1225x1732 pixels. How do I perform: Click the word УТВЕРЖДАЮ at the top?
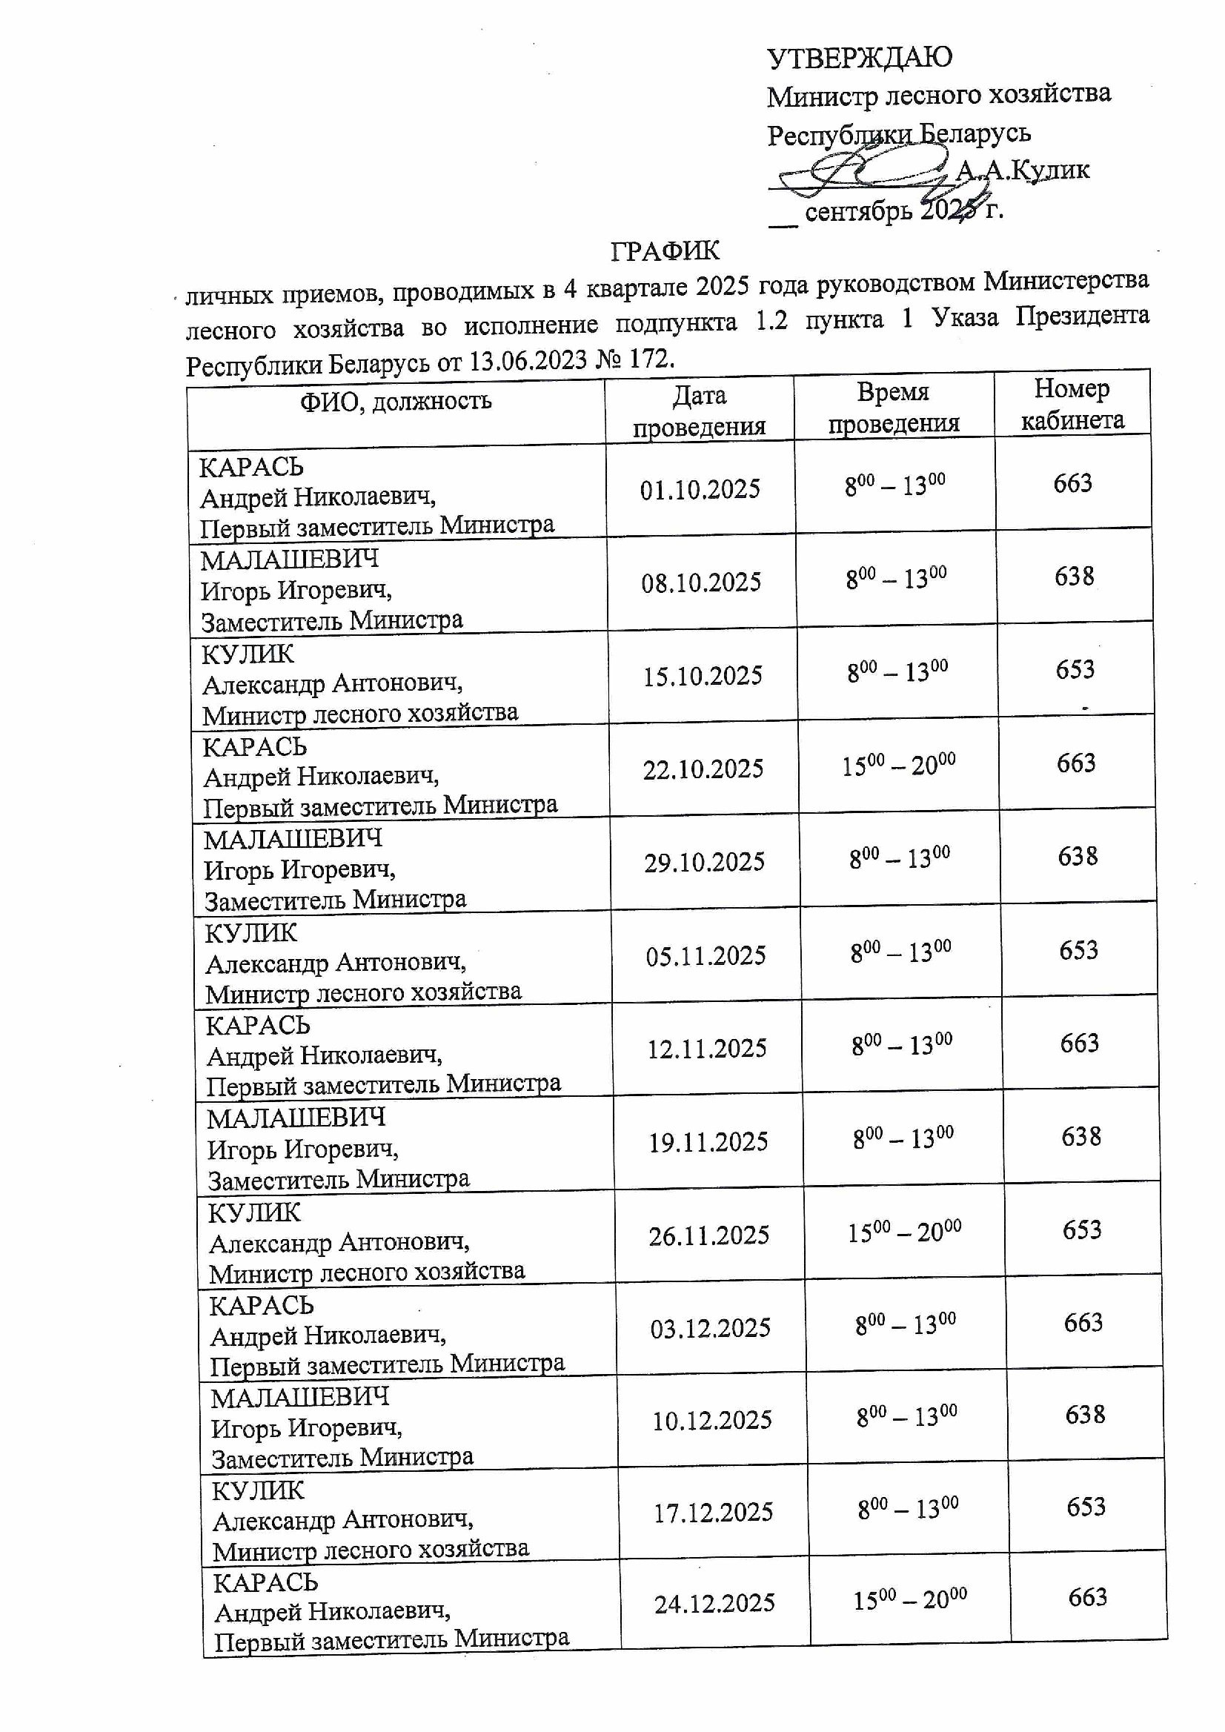click(x=859, y=57)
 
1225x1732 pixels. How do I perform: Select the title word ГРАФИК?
click(x=665, y=251)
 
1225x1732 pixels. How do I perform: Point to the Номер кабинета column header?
click(x=1072, y=405)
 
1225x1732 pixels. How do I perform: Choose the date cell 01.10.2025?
click(x=700, y=490)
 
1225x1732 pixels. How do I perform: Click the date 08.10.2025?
click(x=702, y=583)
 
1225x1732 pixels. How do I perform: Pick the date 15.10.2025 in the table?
click(x=703, y=676)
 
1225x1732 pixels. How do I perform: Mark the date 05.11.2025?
click(x=706, y=956)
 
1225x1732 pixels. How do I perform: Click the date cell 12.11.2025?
click(x=707, y=1049)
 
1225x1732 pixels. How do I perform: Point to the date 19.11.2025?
click(x=708, y=1142)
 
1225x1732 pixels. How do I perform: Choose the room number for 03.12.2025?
click(x=1083, y=1322)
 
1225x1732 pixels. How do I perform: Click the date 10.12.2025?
click(x=711, y=1421)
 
